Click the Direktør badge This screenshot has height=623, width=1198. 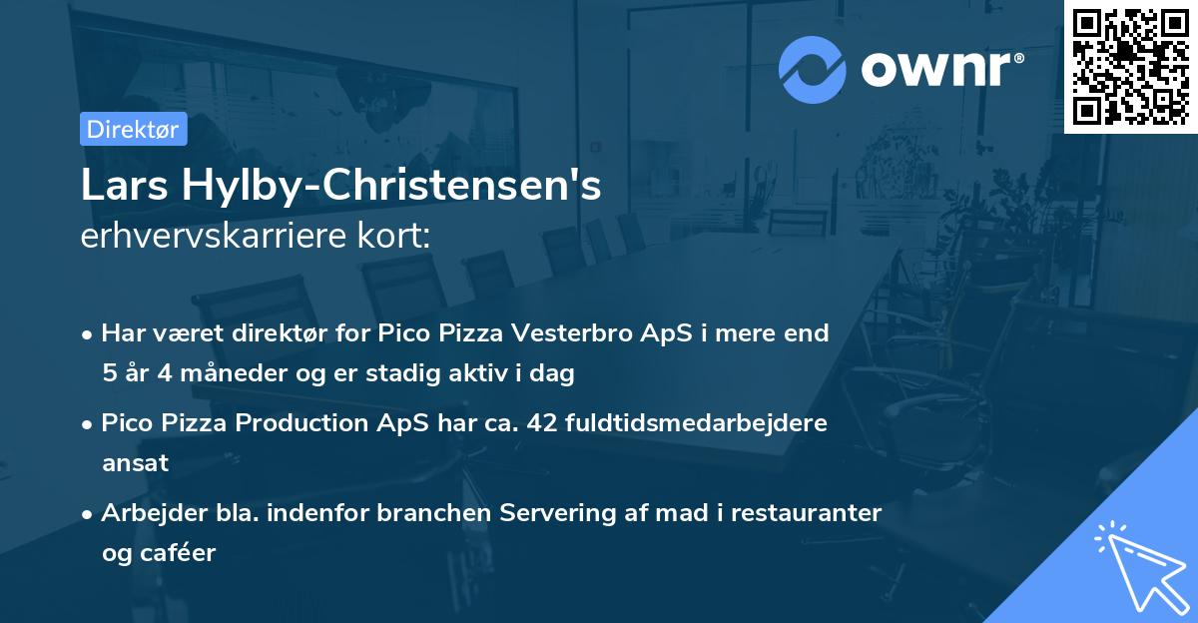pyautogui.click(x=133, y=129)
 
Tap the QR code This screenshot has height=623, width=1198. pyautogui.click(x=1130, y=66)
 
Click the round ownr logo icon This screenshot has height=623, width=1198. pyautogui.click(x=812, y=69)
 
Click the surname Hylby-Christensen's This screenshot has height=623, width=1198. pyautogui.click(x=386, y=186)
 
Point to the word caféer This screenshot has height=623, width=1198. pyautogui.click(x=180, y=553)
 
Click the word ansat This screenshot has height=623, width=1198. pyautogui.click(x=135, y=463)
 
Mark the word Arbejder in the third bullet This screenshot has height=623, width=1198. pyautogui.click(x=147, y=513)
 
